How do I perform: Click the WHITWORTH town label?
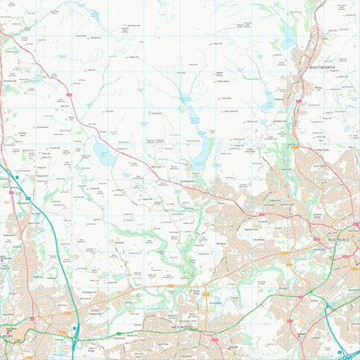pos(321,66)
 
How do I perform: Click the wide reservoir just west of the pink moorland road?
pos(104,155)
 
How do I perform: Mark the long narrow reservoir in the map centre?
pos(193,116)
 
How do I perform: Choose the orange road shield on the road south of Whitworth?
pos(293,147)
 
